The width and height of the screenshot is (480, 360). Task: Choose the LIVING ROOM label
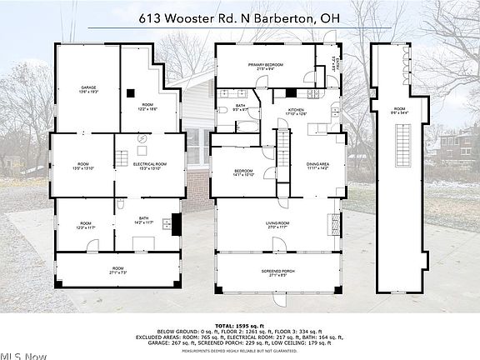point(271,225)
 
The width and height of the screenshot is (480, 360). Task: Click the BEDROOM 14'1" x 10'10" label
point(242,173)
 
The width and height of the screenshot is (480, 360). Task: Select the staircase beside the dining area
point(283,154)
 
